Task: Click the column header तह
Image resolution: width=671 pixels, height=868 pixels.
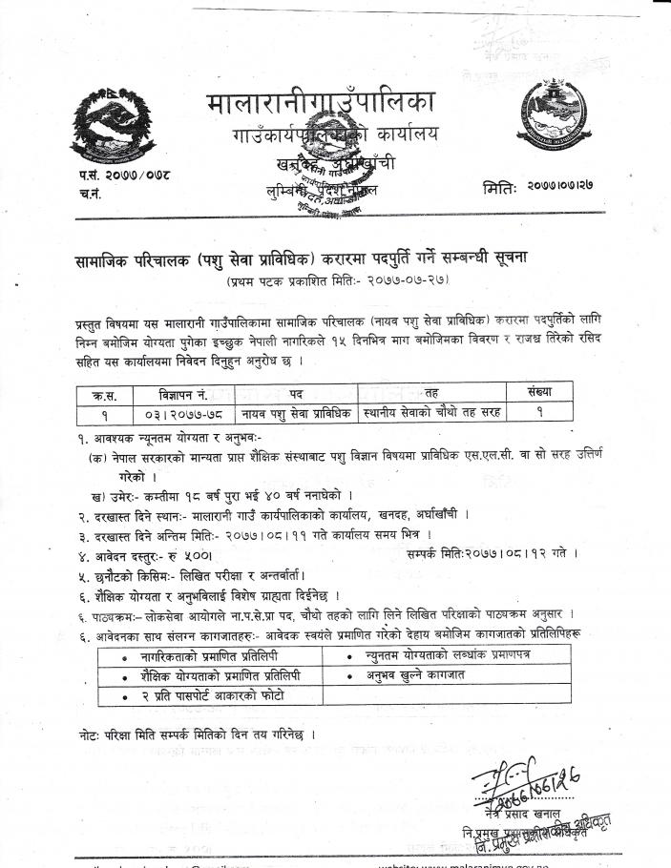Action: [x=431, y=392]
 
